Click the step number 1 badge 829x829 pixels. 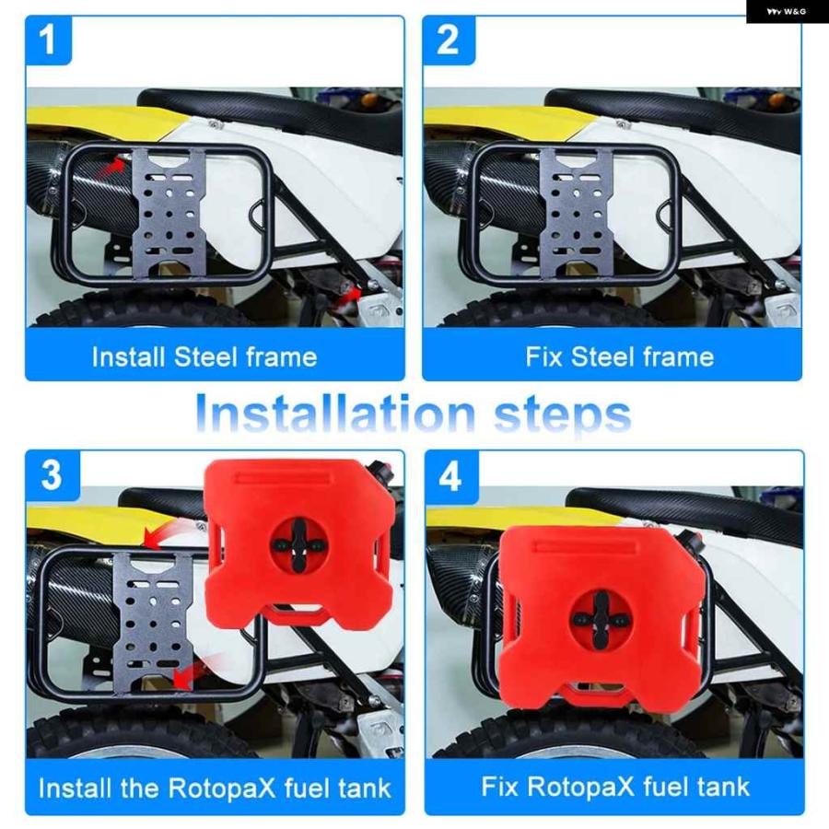point(48,41)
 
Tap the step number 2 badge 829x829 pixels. point(449,41)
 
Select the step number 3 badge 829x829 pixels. point(53,475)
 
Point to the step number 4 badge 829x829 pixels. point(451,477)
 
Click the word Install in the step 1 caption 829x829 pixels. point(128,357)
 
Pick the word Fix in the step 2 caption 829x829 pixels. point(543,356)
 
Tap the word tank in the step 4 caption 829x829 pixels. point(724,787)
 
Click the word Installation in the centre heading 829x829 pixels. point(334,414)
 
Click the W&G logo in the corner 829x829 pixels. point(787,12)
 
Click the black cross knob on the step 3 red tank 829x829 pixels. point(298,545)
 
